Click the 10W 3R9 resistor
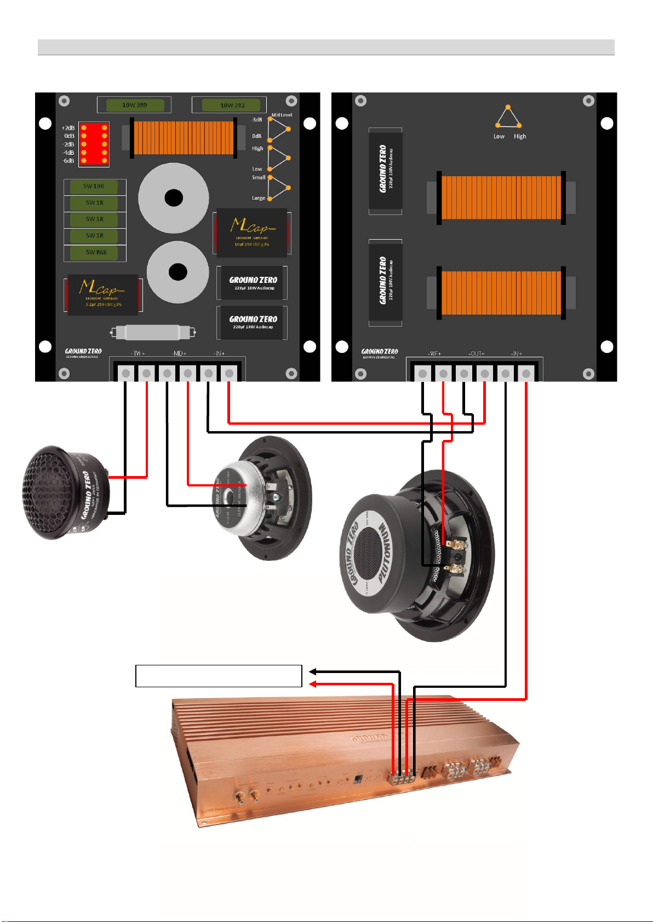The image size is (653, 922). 134,105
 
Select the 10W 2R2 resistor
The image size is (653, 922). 232,105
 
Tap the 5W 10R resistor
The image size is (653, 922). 94,187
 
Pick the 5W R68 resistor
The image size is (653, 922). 95,253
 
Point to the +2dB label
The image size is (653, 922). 68,128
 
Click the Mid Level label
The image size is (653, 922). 282,115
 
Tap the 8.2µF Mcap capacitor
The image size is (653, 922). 102,295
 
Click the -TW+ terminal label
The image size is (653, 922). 138,353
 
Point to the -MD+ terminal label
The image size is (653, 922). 179,353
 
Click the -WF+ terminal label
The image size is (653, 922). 434,353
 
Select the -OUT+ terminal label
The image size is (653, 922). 477,353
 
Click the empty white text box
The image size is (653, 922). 219,676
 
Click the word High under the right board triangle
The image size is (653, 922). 520,136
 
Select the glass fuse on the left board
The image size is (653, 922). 153,332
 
